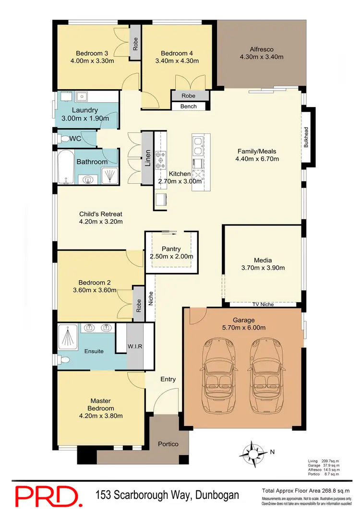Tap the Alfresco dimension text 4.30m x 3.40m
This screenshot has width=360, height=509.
tap(262, 57)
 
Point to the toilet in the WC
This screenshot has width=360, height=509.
tap(64, 139)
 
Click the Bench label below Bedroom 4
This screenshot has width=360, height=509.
tap(189, 106)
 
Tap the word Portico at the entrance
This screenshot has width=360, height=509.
tap(168, 444)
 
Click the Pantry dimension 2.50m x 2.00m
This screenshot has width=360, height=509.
tap(171, 257)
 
